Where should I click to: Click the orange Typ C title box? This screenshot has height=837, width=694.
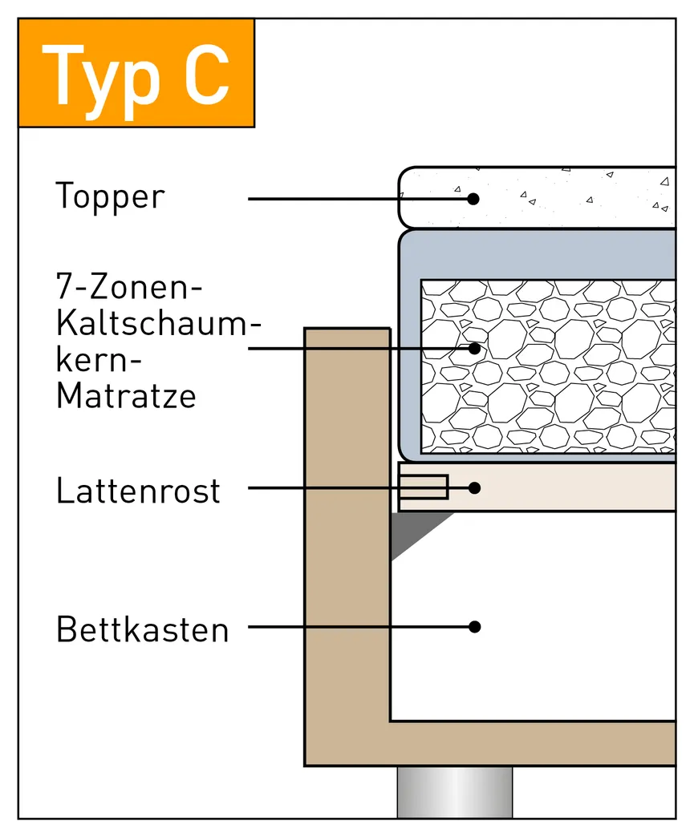136,73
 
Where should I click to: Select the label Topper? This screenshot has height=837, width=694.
110,197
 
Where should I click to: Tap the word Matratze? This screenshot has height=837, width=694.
126,396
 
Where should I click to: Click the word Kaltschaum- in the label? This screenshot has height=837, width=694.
159,324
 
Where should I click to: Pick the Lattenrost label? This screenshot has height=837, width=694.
138,490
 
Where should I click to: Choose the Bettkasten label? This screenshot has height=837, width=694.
143,630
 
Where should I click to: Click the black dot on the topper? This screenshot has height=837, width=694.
474,198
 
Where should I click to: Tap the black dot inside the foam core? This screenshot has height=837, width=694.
474,348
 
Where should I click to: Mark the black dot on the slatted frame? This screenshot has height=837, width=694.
474,487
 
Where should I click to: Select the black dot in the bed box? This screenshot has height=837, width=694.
474,626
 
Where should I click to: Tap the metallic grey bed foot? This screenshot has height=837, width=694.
454,791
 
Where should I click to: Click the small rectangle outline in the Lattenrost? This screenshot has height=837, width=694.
424,487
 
